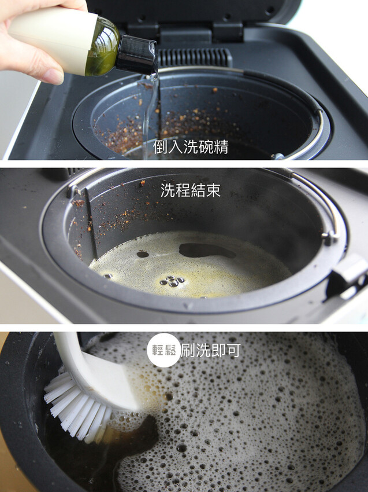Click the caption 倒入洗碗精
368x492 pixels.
point(191,147)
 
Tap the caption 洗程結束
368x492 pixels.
point(191,190)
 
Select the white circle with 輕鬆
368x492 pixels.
point(163,350)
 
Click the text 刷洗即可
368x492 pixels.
point(210,350)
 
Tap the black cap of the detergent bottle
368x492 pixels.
point(136,54)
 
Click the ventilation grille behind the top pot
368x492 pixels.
point(194,57)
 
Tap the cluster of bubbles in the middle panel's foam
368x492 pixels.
point(172,281)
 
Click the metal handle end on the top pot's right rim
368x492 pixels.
point(278,156)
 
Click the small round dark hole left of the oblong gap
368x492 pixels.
point(143,254)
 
